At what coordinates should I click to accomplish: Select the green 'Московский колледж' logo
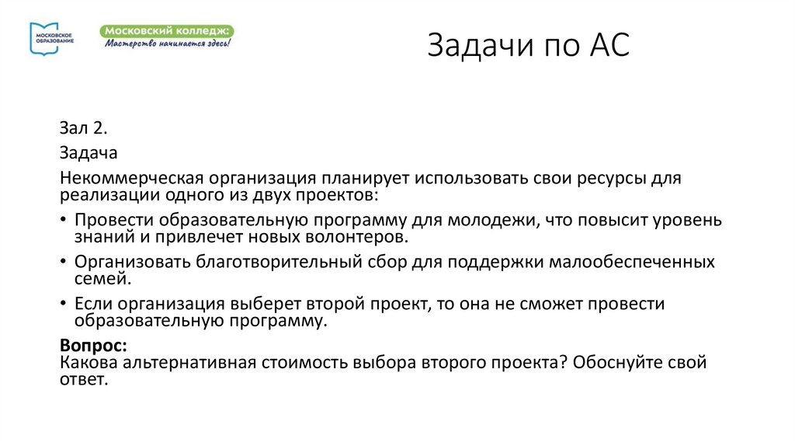point(166,36)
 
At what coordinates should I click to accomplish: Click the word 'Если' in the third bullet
point(92,304)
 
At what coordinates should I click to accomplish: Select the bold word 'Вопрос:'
point(92,345)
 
